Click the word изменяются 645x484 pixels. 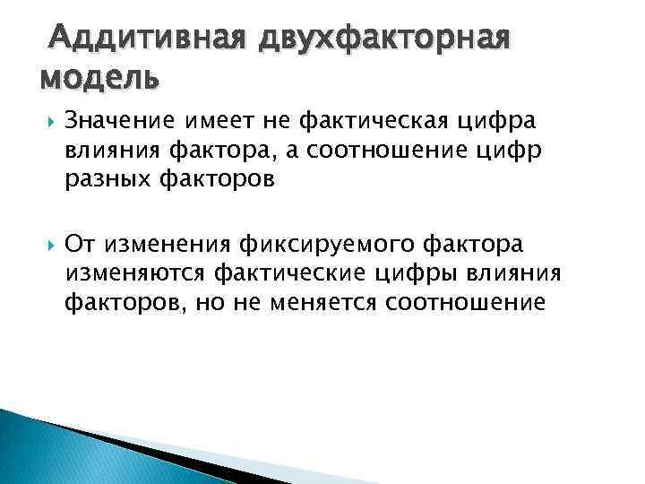[x=133, y=273]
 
